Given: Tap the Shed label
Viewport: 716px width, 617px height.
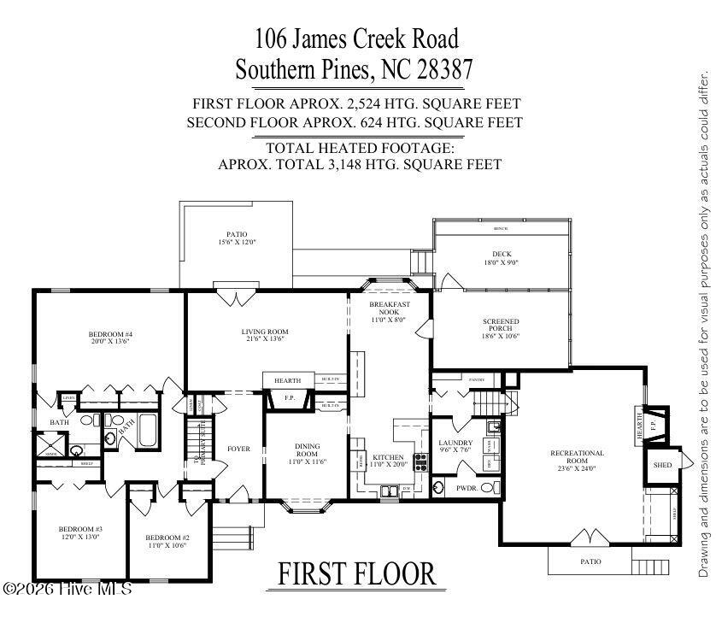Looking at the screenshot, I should click(x=663, y=465).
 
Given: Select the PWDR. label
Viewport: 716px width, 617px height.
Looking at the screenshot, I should click(x=466, y=488).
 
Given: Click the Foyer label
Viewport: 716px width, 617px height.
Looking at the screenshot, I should click(x=238, y=449).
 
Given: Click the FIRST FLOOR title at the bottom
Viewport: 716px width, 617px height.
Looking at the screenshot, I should click(x=356, y=575).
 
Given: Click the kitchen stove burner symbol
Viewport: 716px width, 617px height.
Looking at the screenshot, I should click(x=421, y=462).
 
